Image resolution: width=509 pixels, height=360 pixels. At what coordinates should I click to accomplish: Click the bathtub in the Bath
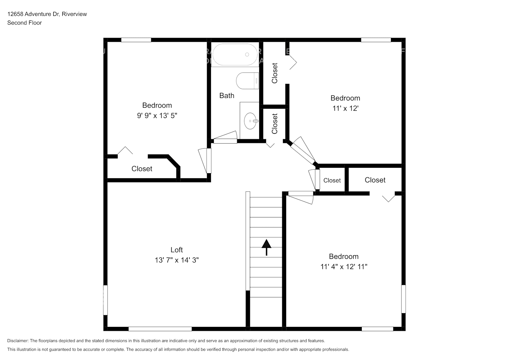(235, 55)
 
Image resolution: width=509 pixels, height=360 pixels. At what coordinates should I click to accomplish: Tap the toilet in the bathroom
(248, 81)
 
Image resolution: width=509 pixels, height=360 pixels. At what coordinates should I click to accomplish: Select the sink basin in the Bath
(251, 121)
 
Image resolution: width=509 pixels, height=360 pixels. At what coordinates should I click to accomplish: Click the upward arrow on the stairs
(266, 247)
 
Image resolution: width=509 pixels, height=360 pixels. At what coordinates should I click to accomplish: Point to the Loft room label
(176, 250)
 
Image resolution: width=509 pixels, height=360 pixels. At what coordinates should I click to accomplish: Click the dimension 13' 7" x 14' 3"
(176, 260)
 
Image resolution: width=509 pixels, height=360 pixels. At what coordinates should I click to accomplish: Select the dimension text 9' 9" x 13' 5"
(157, 116)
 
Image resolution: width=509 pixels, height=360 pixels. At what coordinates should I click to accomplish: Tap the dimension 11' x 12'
(345, 108)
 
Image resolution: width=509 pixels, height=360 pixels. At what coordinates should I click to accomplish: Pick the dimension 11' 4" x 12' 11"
(344, 267)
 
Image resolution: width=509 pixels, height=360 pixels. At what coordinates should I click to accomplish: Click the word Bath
(227, 96)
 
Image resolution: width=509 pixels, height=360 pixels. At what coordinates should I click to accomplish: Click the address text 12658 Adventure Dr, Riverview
(47, 14)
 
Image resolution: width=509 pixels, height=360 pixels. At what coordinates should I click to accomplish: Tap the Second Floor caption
(24, 23)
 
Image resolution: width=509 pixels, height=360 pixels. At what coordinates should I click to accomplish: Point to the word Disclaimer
(18, 341)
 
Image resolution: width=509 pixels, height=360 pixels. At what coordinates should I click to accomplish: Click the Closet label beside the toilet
(275, 73)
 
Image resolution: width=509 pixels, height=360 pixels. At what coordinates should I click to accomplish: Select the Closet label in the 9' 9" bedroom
(142, 169)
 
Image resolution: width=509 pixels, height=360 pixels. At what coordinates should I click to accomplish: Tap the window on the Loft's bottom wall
(160, 329)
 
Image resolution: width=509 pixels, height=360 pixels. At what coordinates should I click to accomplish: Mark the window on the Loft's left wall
(105, 300)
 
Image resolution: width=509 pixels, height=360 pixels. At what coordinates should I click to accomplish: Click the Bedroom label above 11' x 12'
(345, 98)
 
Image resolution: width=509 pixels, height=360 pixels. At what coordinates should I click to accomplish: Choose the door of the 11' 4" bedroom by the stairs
(301, 197)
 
